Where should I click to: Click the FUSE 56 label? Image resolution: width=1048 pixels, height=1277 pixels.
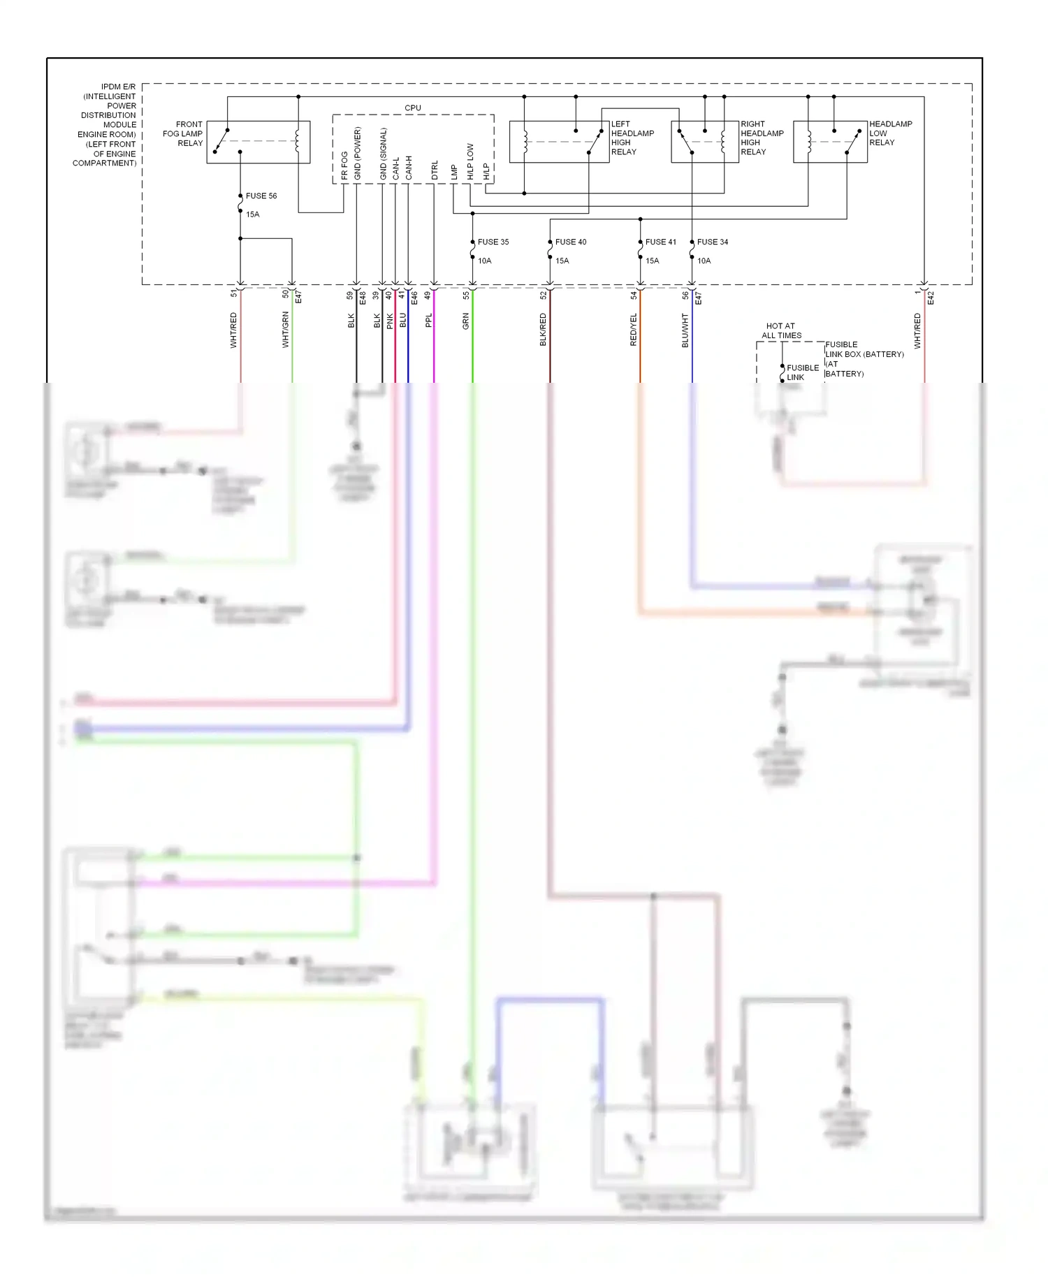click(x=261, y=196)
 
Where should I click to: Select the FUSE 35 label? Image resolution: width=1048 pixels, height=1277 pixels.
click(x=493, y=242)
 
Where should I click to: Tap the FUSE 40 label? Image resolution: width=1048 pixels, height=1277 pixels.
click(x=571, y=242)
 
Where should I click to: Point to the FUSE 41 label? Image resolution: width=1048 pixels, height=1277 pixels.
click(x=660, y=242)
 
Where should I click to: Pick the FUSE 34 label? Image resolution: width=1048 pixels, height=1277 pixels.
click(x=713, y=242)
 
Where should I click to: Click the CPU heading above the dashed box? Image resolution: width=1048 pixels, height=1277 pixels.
click(x=413, y=108)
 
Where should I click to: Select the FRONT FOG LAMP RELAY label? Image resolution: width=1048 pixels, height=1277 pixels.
click(x=183, y=133)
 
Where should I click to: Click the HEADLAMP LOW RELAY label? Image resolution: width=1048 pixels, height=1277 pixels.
click(x=890, y=133)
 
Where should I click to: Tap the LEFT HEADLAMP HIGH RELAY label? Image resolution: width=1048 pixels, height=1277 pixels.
click(x=632, y=138)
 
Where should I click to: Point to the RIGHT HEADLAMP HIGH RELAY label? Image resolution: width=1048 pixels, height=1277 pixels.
click(x=762, y=138)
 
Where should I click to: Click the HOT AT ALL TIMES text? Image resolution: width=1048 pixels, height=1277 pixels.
click(x=781, y=330)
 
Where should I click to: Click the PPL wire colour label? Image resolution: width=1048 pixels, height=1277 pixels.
click(x=429, y=321)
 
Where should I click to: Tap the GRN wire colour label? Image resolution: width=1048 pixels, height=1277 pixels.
click(x=466, y=321)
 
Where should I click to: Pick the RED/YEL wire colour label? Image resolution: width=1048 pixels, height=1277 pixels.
click(x=634, y=330)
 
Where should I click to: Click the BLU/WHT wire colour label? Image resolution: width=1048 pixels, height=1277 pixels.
click(x=685, y=330)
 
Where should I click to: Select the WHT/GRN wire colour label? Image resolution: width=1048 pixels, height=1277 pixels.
click(x=285, y=330)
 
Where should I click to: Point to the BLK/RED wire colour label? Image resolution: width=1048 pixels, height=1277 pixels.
click(x=543, y=330)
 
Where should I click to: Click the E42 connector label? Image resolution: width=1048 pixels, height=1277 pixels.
click(x=931, y=298)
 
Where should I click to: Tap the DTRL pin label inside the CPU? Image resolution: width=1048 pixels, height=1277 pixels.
click(x=435, y=170)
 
